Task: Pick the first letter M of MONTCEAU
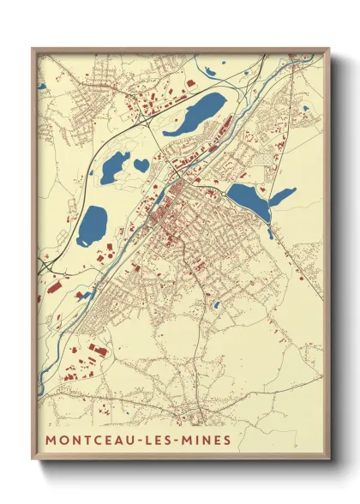(x=51, y=440)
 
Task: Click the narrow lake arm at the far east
(x=282, y=196)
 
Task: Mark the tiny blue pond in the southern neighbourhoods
(x=217, y=304)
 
